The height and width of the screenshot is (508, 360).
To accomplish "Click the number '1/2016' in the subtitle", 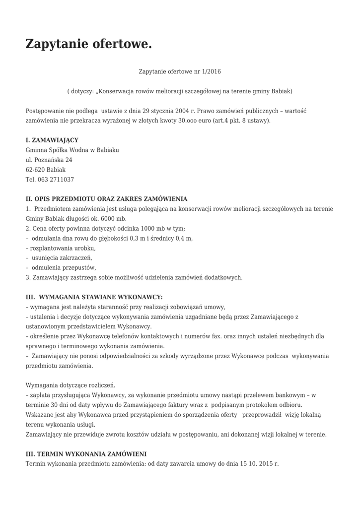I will [211, 71].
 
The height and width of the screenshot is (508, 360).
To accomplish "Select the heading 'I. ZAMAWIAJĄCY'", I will [52, 140].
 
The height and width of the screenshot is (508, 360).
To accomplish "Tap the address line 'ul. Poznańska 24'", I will [49, 160].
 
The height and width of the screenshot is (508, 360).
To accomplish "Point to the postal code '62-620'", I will [34, 170].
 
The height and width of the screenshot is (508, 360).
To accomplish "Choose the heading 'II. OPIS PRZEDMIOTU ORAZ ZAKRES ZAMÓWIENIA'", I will [106, 199].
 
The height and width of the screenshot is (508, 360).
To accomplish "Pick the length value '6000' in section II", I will [108, 218].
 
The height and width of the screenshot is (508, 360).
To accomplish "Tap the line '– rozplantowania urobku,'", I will [61, 248].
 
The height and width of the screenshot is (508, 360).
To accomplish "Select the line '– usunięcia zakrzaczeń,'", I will [59, 258].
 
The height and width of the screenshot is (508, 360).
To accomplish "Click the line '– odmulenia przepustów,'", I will [61, 267].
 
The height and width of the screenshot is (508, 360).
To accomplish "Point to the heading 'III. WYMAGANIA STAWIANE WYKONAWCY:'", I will [94, 297].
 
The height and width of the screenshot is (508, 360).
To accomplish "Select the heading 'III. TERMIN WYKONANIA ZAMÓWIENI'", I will [86, 453].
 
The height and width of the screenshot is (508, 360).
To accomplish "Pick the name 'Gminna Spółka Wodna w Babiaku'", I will [72, 150].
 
